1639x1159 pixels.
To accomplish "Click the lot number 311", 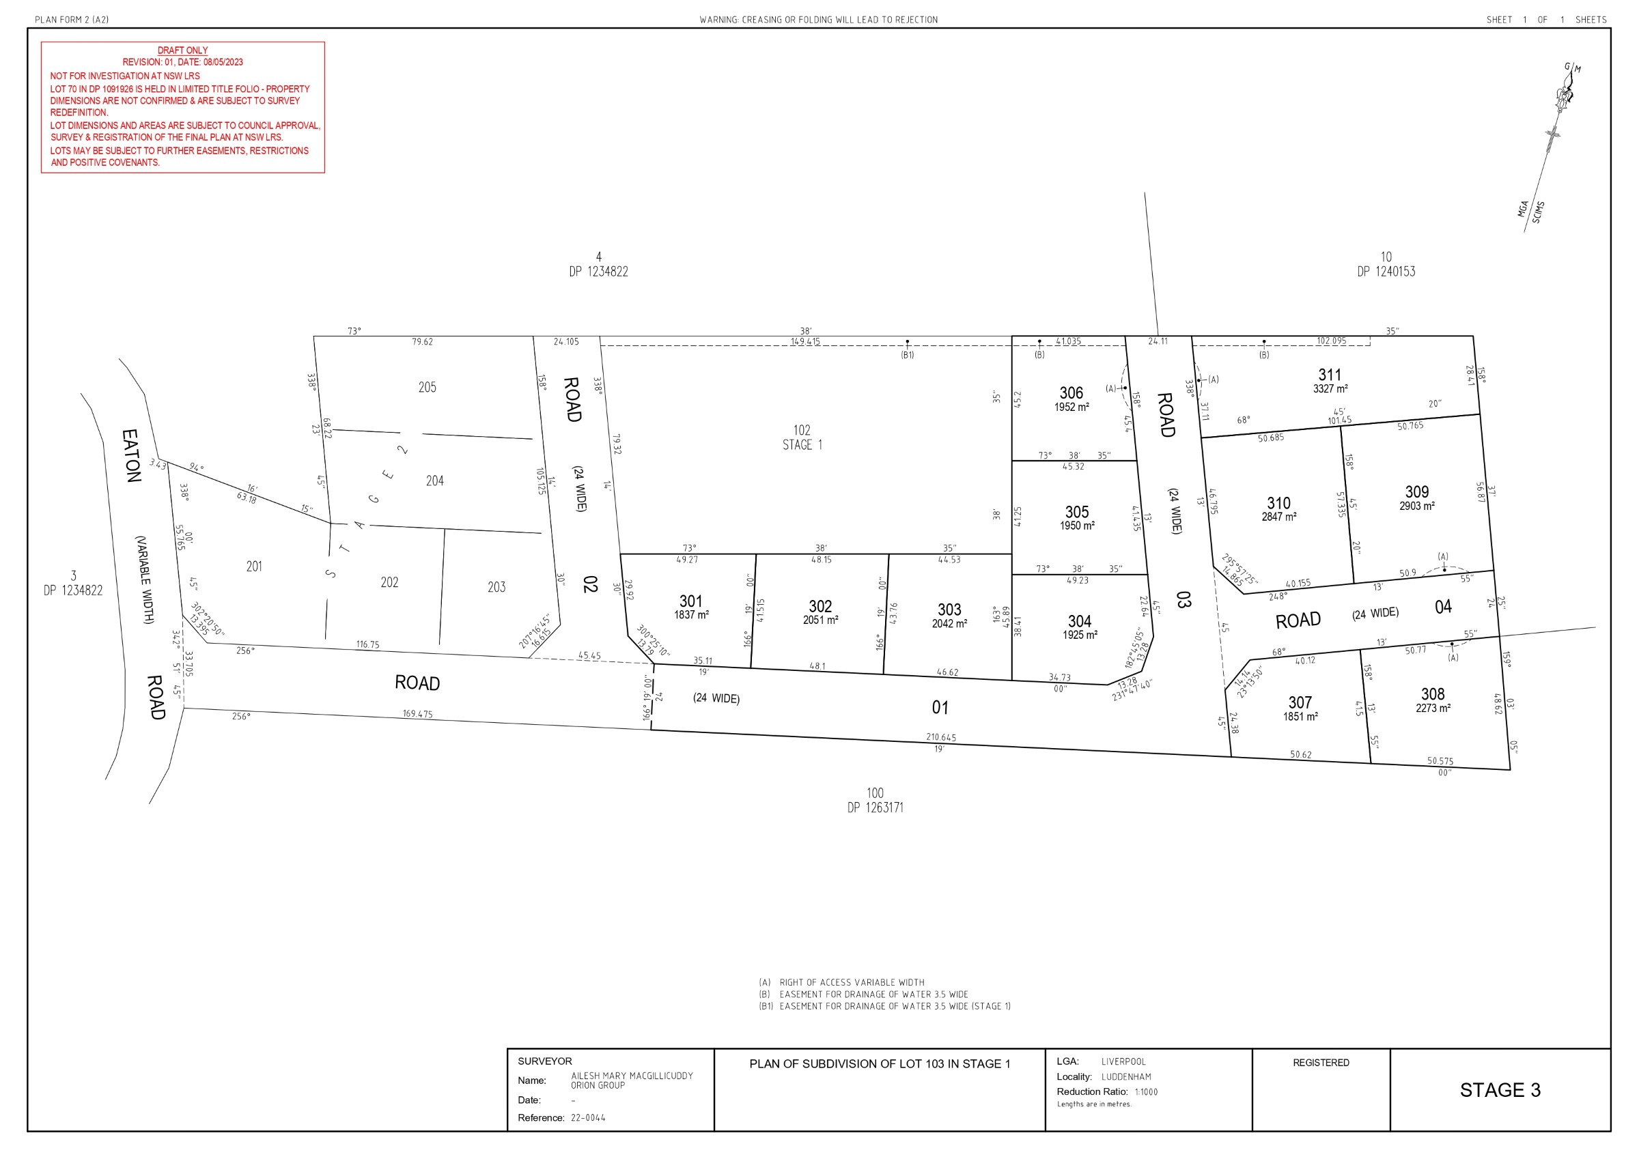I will pos(1329,375).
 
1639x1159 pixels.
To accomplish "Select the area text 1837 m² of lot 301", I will pos(691,614).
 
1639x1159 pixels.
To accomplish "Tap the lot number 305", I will pos(1076,512).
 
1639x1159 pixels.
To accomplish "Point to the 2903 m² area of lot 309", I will pos(1416,506).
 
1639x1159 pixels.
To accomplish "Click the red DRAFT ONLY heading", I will pos(182,51).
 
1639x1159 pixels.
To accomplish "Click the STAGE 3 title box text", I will pos(1500,1090).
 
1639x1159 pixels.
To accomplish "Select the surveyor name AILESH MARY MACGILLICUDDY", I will pos(632,1076).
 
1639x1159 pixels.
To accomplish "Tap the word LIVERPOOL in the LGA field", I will pos(1123,1061).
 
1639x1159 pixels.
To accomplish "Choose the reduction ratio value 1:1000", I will pos(1146,1092).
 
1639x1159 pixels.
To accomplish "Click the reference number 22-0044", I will pos(587,1117).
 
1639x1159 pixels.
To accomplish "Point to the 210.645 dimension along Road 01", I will pos(941,737).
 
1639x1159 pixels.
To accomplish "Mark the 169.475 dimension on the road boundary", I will pos(417,714).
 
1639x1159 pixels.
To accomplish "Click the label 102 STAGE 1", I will pos(802,438).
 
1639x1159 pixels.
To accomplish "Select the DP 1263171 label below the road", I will pos(875,808).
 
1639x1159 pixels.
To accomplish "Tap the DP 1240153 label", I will pos(1386,272).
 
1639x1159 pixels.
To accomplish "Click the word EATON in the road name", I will pos(130,455).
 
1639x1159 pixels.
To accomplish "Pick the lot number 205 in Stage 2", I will pos(427,388).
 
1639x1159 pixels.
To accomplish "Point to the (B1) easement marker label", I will pos(907,355).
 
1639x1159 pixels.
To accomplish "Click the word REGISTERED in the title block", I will pos(1321,1063).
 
